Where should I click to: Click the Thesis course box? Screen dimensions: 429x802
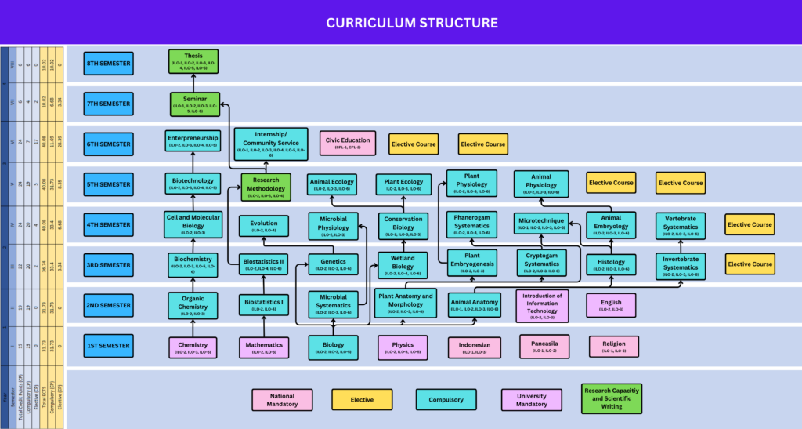(193, 62)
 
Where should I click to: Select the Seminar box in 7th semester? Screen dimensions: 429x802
(193, 104)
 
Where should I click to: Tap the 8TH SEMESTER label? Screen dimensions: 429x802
(108, 63)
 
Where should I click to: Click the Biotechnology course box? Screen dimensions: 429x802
(193, 184)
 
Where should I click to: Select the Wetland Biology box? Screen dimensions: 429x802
(403, 264)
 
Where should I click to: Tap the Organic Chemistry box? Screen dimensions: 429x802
(193, 304)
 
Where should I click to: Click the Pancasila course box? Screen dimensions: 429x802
(544, 346)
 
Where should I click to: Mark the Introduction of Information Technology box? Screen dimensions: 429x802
(542, 306)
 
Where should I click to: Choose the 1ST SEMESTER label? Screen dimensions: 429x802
(108, 346)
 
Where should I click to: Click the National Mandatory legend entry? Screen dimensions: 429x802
(282, 400)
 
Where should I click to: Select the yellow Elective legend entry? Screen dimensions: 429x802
(362, 400)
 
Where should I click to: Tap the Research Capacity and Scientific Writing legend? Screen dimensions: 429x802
(611, 399)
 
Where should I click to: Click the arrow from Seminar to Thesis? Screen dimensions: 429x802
(193, 83)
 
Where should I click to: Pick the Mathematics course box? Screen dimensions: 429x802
(263, 347)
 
